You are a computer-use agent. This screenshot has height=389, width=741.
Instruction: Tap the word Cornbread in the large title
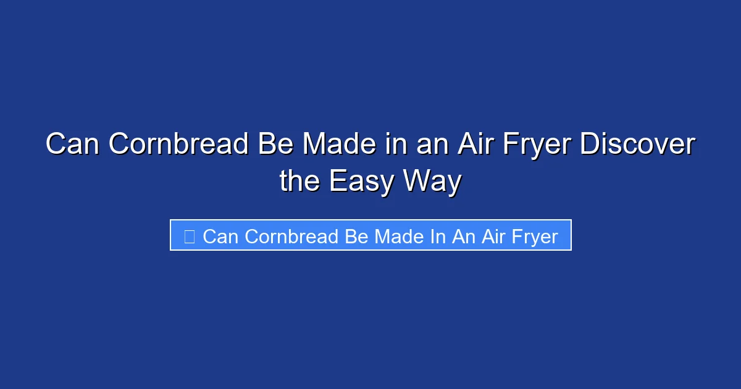coord(179,145)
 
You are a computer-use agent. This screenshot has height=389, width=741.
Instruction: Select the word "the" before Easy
coord(300,182)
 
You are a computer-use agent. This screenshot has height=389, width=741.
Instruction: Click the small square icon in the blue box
coord(190,236)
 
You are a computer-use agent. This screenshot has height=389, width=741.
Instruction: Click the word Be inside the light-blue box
coord(356,236)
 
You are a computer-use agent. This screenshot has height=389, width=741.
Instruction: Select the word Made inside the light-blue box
coord(398,236)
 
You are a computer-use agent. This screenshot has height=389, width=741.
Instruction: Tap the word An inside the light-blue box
coord(464,236)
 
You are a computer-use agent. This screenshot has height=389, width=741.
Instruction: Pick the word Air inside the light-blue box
coord(494,236)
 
